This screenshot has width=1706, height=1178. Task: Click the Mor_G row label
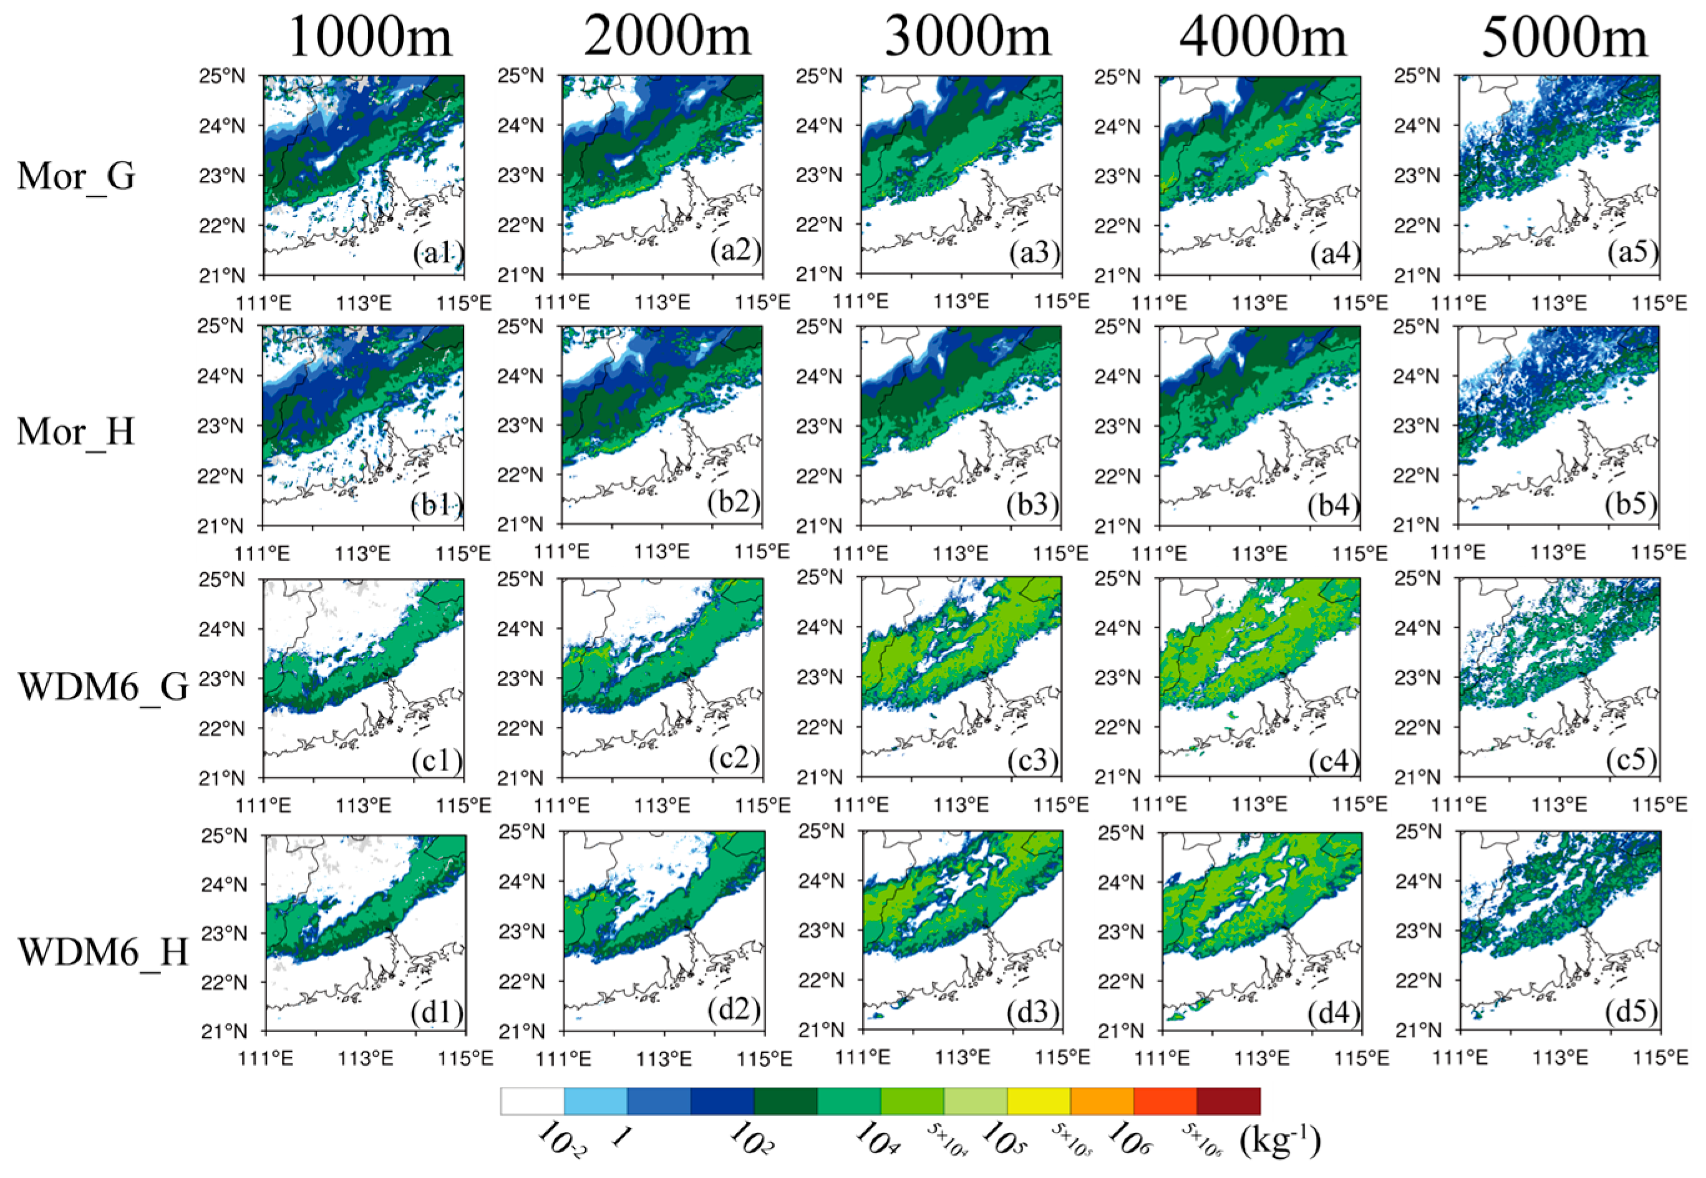click(x=76, y=176)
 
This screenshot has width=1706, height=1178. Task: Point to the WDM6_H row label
click(x=104, y=951)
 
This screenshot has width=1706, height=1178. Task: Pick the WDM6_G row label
click(x=104, y=686)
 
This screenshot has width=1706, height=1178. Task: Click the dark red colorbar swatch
click(x=1228, y=1101)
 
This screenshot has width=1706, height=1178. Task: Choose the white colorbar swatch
click(x=532, y=1101)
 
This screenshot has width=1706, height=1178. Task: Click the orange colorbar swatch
click(x=1102, y=1101)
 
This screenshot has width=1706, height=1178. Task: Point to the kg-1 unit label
click(x=1280, y=1142)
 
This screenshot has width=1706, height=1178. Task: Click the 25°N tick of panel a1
click(x=222, y=76)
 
